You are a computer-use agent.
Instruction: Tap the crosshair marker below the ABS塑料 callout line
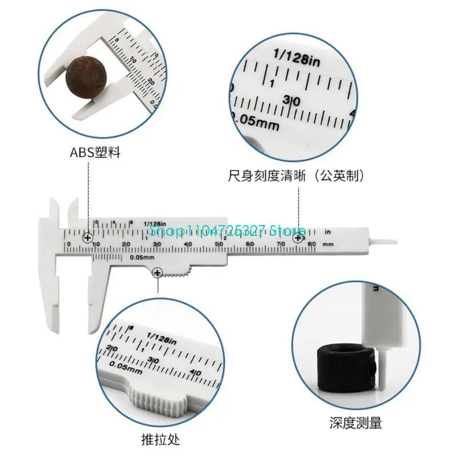(x=88, y=238)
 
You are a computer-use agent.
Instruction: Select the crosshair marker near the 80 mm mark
(x=298, y=238)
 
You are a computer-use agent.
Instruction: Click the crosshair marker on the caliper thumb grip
(x=157, y=275)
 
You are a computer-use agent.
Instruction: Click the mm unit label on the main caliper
(x=328, y=244)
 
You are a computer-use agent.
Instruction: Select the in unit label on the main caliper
(x=328, y=232)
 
